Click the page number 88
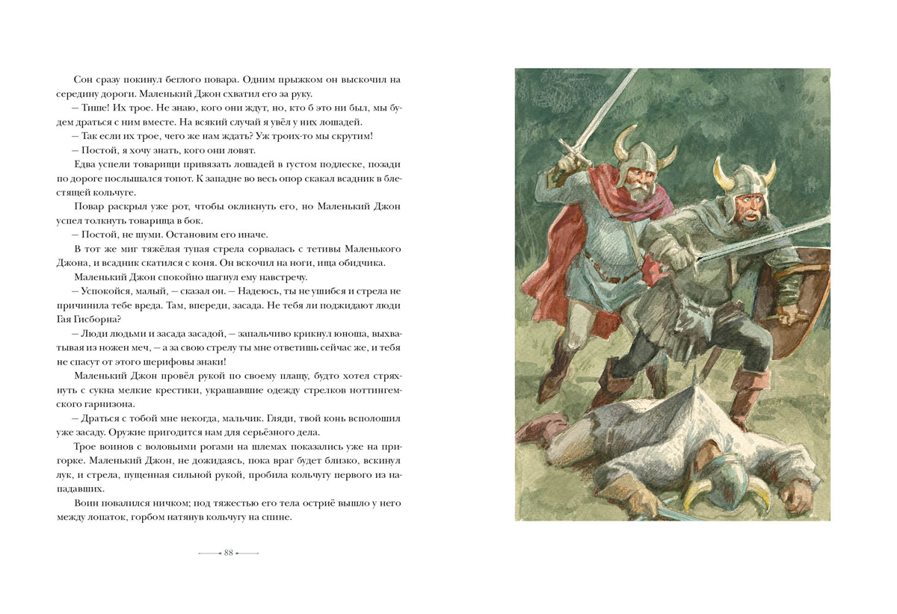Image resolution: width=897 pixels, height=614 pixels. (x=229, y=553)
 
